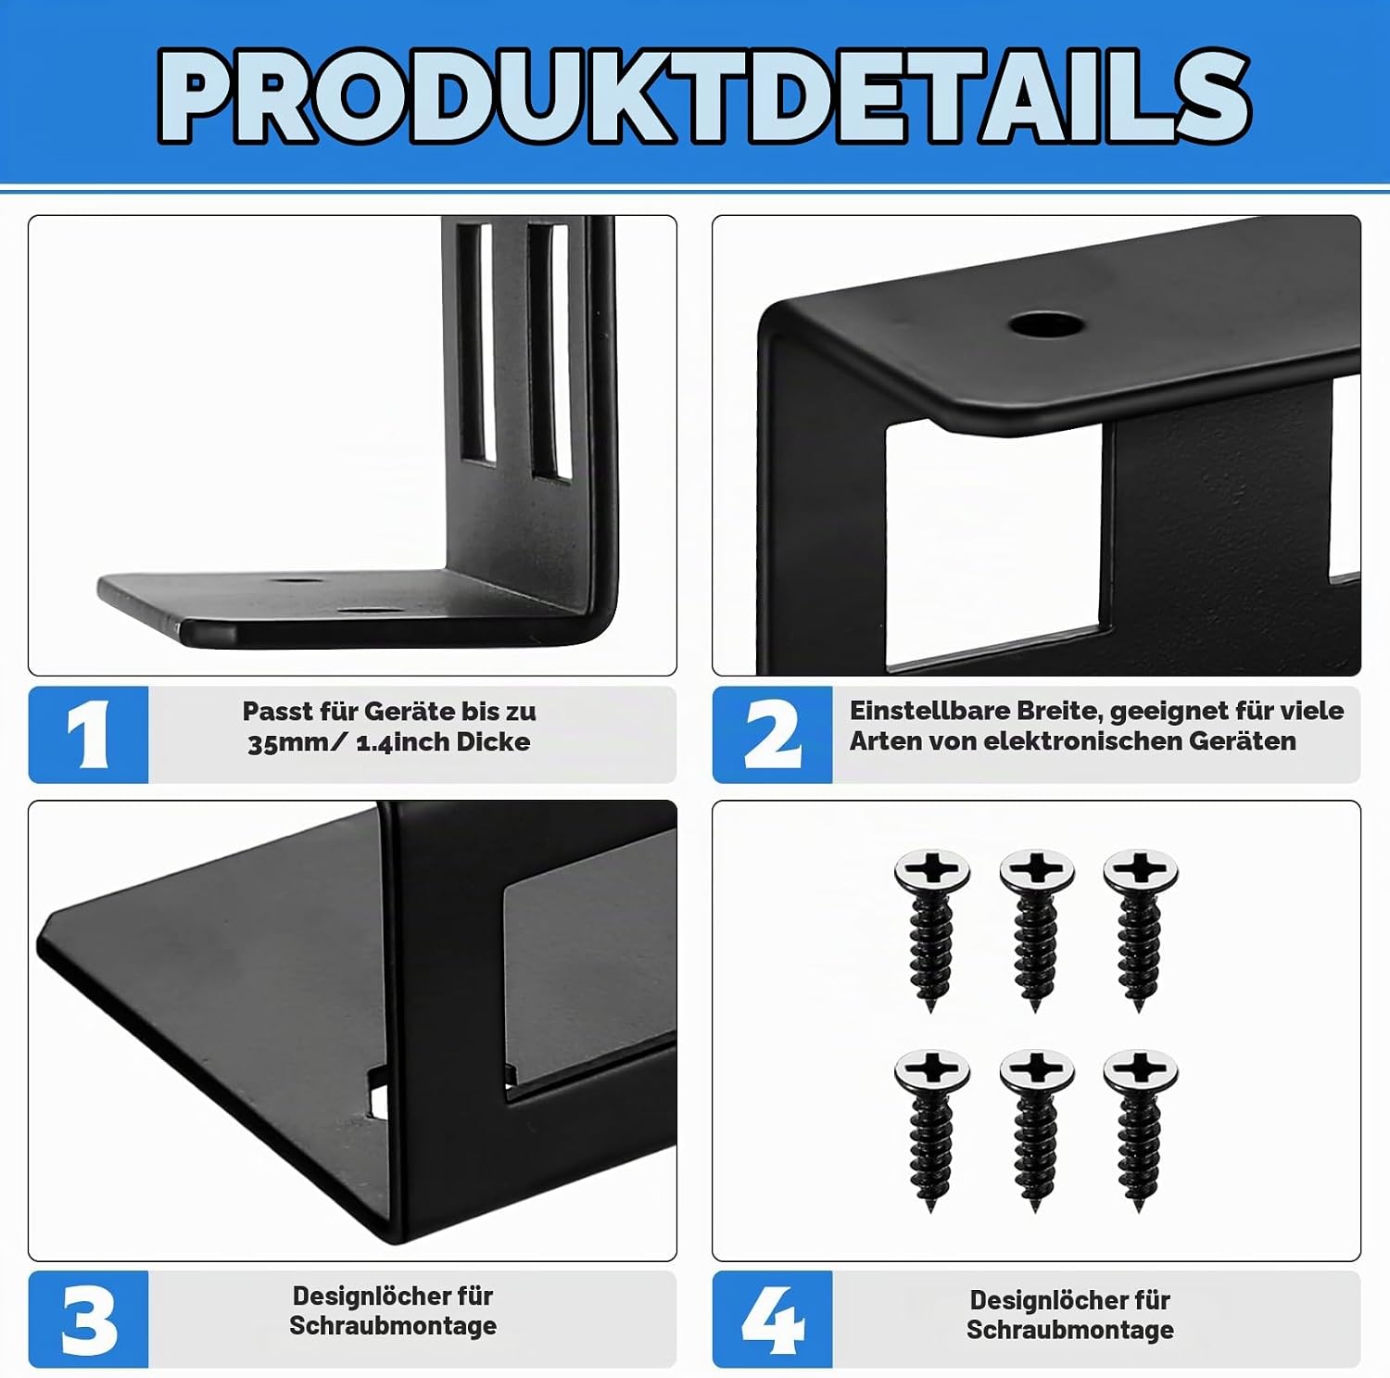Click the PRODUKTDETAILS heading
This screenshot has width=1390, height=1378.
tap(704, 95)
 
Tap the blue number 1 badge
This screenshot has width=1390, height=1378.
tap(88, 735)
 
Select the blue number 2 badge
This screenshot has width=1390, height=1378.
tap(772, 735)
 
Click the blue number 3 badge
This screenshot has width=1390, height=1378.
tap(88, 1319)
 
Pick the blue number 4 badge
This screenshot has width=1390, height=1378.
tap(772, 1319)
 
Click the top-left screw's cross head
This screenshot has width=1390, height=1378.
tap(932, 870)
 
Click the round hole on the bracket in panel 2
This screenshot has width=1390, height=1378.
tap(1047, 325)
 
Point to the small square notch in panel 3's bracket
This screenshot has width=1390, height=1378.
tap(377, 1091)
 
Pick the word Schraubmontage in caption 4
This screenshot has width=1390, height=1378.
tap(1070, 1330)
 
